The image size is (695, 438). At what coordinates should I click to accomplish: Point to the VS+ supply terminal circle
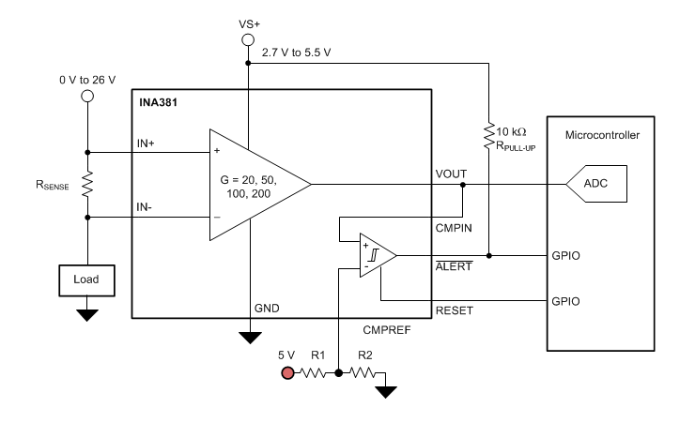[x=248, y=40]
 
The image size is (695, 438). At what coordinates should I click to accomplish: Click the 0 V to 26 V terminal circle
[x=86, y=96]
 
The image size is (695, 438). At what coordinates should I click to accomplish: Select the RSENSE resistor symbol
[x=86, y=184]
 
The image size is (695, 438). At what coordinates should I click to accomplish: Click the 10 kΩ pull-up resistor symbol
[x=489, y=135]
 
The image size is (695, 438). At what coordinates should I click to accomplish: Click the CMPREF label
[x=386, y=329]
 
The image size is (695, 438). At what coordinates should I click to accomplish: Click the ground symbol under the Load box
[x=86, y=314]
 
